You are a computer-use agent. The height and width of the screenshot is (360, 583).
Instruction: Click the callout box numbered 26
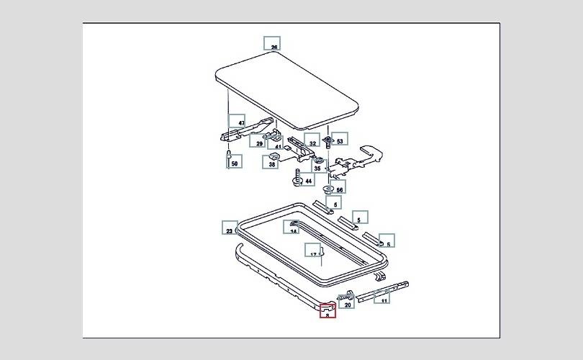[272, 43]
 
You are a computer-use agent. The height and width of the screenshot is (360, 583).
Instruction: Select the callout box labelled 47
[237, 122]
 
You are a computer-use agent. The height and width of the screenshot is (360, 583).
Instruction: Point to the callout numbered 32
[312, 141]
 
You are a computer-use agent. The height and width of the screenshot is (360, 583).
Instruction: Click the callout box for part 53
[339, 139]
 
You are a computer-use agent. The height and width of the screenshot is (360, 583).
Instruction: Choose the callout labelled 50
[234, 161]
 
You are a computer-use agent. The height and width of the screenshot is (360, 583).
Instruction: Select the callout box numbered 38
[272, 163]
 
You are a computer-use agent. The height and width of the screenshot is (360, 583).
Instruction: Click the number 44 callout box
[308, 180]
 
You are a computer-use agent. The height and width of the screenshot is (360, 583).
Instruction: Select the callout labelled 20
[348, 302]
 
